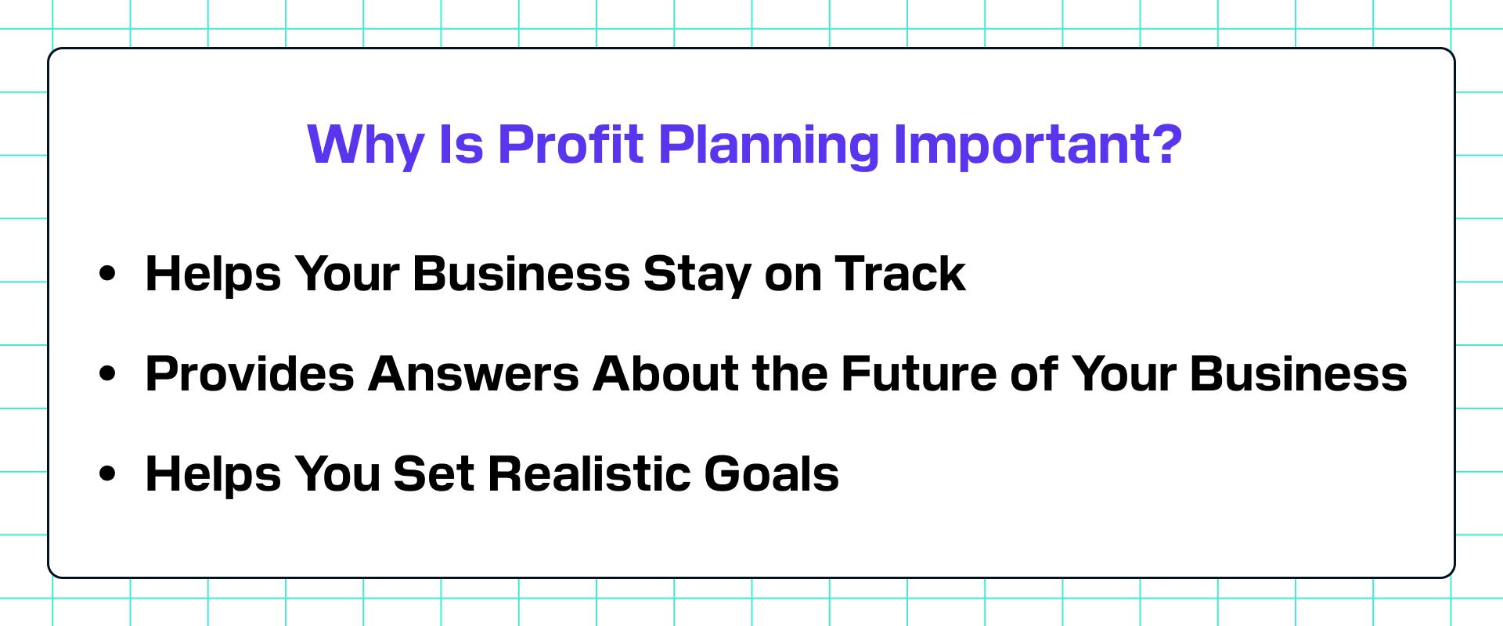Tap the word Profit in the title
570,143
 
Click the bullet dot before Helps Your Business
108,275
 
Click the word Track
900,274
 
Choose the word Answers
474,374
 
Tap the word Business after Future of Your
1299,374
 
